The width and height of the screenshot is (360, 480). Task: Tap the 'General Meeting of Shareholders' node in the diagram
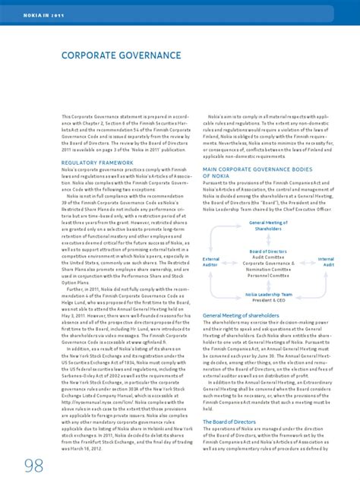tap(268, 225)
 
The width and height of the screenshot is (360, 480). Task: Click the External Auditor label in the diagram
tap(210, 262)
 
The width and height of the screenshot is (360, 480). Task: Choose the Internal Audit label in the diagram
tap(326, 262)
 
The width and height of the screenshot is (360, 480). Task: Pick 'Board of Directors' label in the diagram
tap(268, 251)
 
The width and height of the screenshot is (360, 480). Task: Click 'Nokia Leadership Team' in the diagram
tap(268, 293)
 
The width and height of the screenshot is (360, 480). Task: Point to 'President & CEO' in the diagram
tap(268, 298)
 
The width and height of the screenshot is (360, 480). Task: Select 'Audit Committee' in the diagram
tap(268, 256)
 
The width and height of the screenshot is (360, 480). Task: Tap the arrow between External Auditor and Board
tap(229, 262)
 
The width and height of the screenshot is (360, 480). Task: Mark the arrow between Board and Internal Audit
tap(307, 262)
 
